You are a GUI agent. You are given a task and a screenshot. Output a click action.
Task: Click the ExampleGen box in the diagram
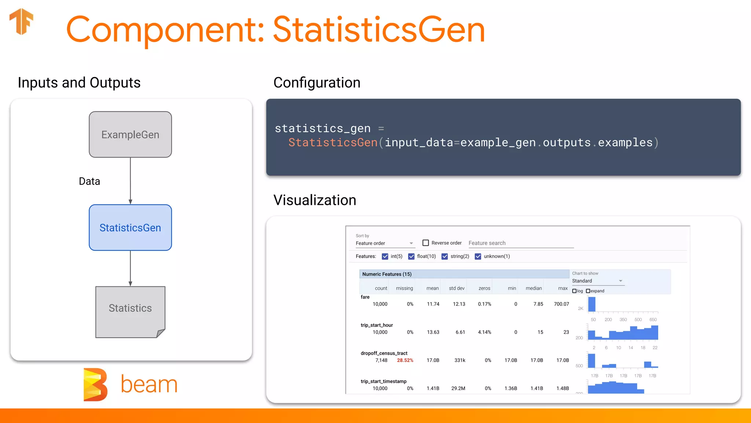pyautogui.click(x=130, y=134)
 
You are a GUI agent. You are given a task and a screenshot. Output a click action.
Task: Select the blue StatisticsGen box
pyautogui.click(x=130, y=228)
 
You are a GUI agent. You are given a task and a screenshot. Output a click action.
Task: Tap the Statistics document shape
pyautogui.click(x=130, y=311)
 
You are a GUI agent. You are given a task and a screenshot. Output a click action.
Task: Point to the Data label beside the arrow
pyautogui.click(x=89, y=181)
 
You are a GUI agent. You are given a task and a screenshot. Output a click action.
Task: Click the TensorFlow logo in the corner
pyautogui.click(x=21, y=21)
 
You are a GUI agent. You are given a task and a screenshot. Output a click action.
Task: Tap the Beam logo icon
pyautogui.click(x=95, y=384)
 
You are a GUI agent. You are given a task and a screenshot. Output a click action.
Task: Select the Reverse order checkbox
pyautogui.click(x=426, y=243)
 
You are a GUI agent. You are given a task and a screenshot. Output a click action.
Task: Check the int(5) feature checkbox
pyautogui.click(x=385, y=256)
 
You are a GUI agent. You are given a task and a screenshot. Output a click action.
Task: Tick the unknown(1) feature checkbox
pyautogui.click(x=478, y=256)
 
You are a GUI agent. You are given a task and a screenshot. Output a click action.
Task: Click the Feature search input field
pyautogui.click(x=521, y=243)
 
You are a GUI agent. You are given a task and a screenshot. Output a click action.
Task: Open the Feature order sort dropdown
pyautogui.click(x=384, y=243)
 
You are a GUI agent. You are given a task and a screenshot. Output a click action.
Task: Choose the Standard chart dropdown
pyautogui.click(x=597, y=281)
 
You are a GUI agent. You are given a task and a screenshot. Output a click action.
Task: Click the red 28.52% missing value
pyautogui.click(x=405, y=360)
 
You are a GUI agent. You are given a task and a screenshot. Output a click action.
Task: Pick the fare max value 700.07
pyautogui.click(x=561, y=304)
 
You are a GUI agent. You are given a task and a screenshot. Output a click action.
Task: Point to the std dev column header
pyautogui.click(x=457, y=288)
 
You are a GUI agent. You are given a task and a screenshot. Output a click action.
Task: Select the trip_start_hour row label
pyautogui.click(x=377, y=325)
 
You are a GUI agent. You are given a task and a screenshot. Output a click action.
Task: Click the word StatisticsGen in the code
pyautogui.click(x=333, y=142)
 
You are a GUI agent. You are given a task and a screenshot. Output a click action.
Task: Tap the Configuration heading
pyautogui.click(x=317, y=83)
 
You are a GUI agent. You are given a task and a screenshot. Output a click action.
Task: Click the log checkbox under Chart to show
pyautogui.click(x=575, y=291)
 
